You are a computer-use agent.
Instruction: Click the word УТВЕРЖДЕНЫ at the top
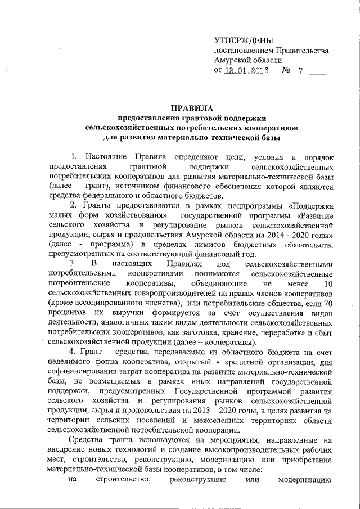[244, 40]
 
